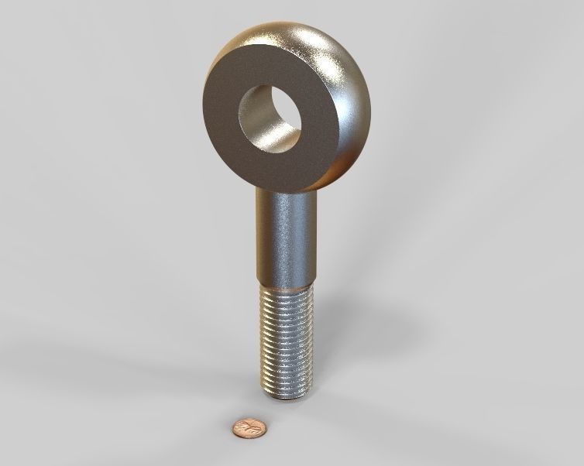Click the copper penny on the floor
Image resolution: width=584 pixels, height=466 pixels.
coord(249,426)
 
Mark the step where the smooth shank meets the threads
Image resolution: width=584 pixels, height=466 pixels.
coord(286,284)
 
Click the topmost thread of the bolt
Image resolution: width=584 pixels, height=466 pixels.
coord(286,293)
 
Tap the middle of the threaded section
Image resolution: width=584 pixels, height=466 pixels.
coord(287,341)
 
